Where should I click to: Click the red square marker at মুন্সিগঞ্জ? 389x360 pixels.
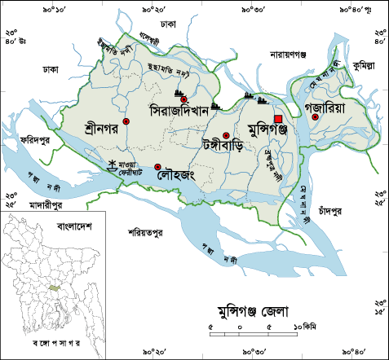click(x=278, y=119)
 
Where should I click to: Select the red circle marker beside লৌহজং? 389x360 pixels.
click(x=157, y=167)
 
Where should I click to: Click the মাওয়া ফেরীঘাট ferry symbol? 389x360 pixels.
click(x=113, y=164)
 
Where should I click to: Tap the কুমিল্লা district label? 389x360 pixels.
click(x=366, y=64)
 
